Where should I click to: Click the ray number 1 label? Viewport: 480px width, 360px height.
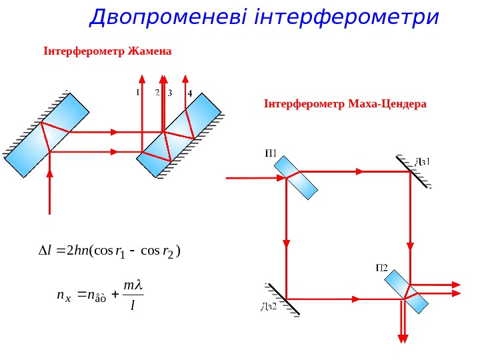click(139, 93)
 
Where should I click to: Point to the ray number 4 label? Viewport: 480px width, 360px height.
click(190, 93)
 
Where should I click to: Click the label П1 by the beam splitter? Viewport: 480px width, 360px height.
click(272, 153)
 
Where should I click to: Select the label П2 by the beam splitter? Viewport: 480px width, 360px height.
click(381, 267)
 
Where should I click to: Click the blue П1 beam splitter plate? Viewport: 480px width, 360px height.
click(298, 177)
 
